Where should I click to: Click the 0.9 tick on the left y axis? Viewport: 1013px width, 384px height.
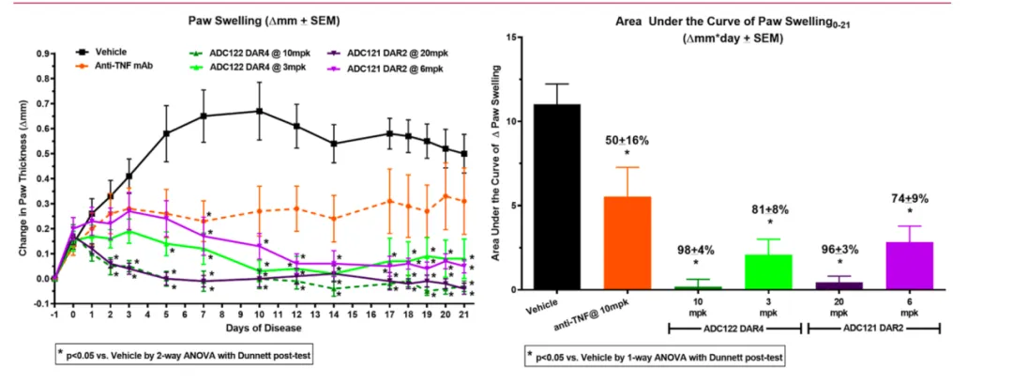pos(41,54)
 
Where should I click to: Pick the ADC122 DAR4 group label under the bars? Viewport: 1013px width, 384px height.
pos(734,327)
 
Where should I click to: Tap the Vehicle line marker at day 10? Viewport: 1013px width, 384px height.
pos(259,111)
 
